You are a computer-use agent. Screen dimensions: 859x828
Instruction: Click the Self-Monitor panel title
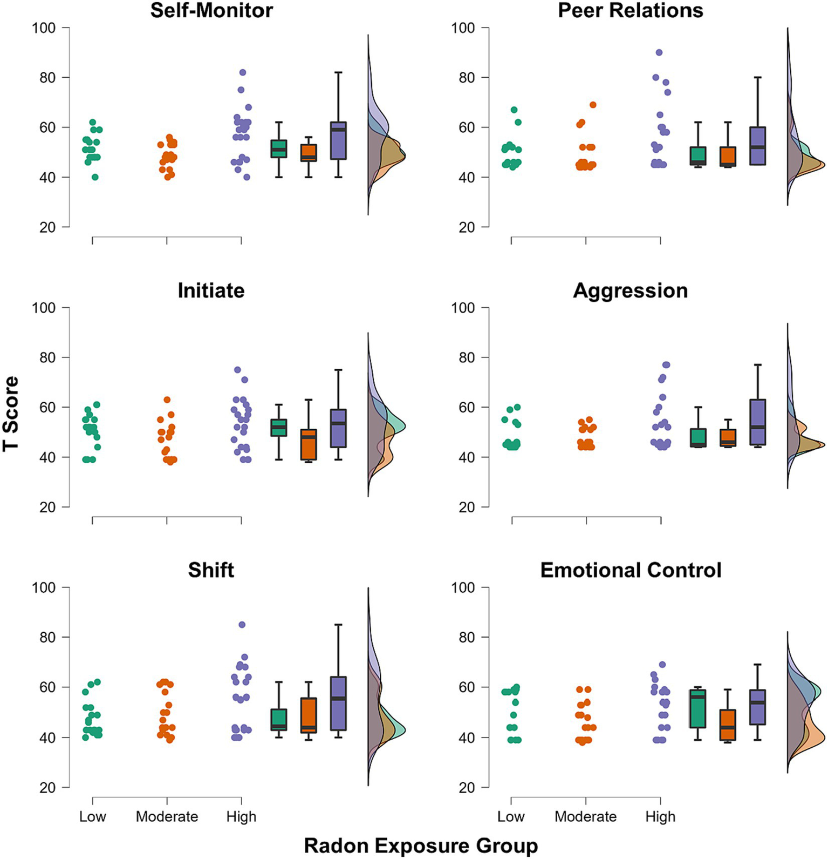211,10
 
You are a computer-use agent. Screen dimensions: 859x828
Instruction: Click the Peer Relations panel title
630,10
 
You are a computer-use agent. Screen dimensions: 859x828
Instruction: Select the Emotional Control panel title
630,570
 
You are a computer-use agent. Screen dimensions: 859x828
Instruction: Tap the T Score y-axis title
11,414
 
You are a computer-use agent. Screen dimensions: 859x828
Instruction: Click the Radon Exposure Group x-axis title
421,846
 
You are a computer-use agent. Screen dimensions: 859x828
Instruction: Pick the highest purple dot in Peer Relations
659,52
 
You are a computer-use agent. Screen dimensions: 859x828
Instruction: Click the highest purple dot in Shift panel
242,625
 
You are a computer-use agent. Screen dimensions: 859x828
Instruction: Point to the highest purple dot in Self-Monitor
243,72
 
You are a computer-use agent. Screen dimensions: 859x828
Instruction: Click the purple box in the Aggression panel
758,422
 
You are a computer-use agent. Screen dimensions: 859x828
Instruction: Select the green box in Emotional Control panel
698,708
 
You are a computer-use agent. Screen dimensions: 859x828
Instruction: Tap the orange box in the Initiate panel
309,444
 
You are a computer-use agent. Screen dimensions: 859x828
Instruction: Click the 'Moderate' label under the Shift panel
167,816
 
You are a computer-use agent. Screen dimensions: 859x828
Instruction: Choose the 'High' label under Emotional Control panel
660,816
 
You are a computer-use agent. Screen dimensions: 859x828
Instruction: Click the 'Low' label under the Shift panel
92,816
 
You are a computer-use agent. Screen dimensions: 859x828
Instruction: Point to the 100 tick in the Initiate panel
44,308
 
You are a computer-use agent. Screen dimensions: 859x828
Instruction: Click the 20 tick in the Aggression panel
467,507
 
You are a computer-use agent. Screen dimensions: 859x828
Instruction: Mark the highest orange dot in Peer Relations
593,105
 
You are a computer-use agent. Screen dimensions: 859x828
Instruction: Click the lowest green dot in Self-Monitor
95,177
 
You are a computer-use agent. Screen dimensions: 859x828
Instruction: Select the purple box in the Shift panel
339,704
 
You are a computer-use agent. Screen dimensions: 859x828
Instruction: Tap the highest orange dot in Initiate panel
167,400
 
